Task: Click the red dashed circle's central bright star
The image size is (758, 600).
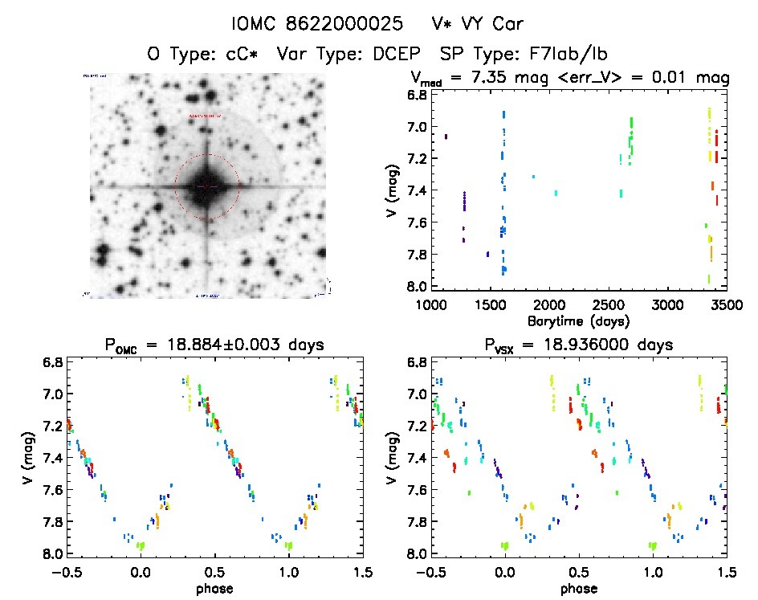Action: pyautogui.click(x=207, y=186)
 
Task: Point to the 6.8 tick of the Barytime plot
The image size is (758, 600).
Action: pyautogui.click(x=417, y=95)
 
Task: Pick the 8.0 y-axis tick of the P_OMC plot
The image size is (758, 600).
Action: pyautogui.click(x=54, y=554)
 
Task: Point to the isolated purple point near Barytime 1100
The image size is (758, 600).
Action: pyautogui.click(x=446, y=137)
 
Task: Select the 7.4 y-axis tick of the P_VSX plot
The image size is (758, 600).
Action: pyautogui.click(x=417, y=458)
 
